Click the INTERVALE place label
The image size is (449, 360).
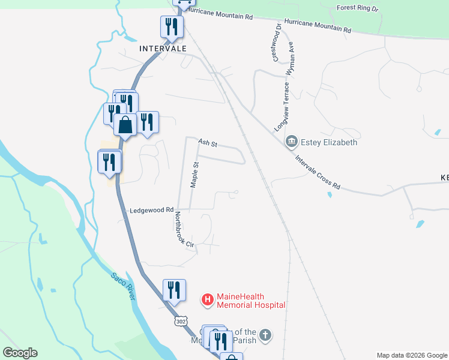(162, 48)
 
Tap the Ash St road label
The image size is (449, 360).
(208, 144)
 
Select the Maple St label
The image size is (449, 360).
(194, 175)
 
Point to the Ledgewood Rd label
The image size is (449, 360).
(151, 211)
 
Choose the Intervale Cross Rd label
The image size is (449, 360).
(318, 173)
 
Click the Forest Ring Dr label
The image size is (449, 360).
(358, 8)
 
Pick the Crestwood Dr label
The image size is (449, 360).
(277, 41)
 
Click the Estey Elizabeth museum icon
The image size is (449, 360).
(292, 142)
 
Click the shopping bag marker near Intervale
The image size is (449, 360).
(125, 126)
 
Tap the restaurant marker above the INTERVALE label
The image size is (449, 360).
(172, 26)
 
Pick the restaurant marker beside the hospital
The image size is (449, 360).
(174, 290)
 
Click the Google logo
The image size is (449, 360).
(20, 353)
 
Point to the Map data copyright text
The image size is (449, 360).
(411, 355)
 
